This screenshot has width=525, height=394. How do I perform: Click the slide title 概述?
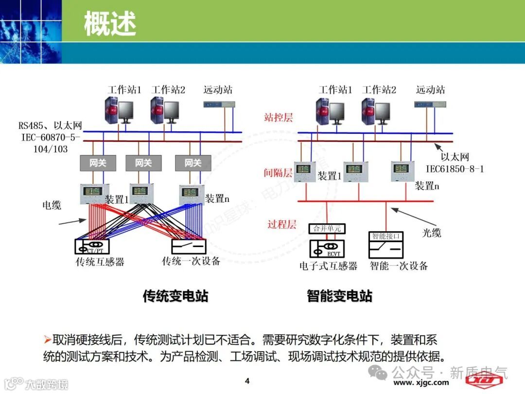[110, 23]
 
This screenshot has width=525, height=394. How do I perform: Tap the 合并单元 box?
[327, 228]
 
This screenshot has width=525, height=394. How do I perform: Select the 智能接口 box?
[386, 236]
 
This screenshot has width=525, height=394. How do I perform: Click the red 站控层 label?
[279, 117]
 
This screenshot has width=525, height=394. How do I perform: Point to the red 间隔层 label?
[278, 173]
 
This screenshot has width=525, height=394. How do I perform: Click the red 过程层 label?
[282, 224]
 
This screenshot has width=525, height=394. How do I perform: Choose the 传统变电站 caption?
[175, 296]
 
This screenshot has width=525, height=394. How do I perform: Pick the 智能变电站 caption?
[339, 296]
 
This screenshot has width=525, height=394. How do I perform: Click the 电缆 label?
[52, 205]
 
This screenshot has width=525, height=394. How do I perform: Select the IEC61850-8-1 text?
[455, 169]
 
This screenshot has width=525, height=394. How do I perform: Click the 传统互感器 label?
[100, 262]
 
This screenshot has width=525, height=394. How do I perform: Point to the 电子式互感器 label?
[328, 266]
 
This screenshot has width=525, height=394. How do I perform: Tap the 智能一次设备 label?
[399, 266]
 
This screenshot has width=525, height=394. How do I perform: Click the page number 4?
[247, 380]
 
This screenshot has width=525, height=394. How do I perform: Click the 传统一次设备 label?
[191, 261]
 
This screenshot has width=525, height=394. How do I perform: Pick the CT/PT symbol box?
[93, 246]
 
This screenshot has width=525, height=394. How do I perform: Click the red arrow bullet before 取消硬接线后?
[47, 339]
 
